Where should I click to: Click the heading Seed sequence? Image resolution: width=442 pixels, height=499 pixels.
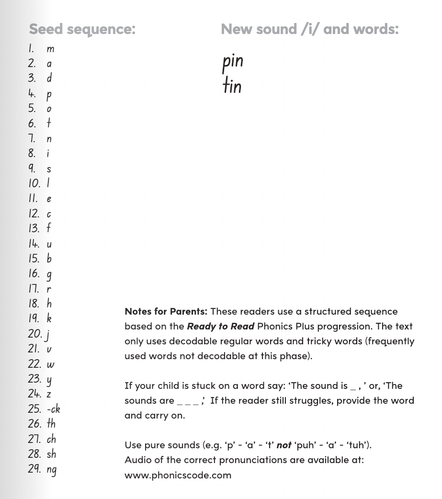[x=82, y=29]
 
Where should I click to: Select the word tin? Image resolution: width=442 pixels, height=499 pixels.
[x=232, y=86]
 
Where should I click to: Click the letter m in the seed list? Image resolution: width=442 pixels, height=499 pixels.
[x=50, y=49]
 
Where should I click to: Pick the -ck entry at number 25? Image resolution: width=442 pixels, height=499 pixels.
[x=53, y=409]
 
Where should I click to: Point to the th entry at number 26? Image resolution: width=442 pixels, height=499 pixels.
[x=51, y=424]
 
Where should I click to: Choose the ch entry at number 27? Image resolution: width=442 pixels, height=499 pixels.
[x=51, y=439]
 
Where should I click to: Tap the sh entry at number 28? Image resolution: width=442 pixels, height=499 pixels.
[x=51, y=454]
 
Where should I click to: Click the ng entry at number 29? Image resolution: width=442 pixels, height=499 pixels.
[x=51, y=470]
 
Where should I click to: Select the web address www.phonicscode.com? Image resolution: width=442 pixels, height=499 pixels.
[x=178, y=475]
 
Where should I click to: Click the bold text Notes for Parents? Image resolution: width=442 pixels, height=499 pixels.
[x=166, y=311]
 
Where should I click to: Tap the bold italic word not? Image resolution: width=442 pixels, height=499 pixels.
[x=284, y=445]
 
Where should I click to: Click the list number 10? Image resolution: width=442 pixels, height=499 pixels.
[x=34, y=183]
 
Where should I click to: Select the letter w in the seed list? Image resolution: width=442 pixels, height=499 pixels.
[x=50, y=364]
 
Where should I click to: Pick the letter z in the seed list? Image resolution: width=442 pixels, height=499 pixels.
[x=49, y=395]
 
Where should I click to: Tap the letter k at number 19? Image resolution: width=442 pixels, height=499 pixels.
[x=49, y=318]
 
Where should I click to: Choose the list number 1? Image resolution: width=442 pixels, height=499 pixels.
[x=31, y=48]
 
